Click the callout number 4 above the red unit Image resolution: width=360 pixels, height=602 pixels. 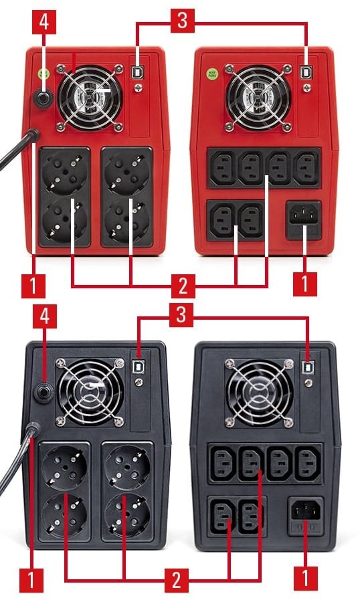tap(44, 22)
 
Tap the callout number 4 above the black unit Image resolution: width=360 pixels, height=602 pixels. tap(45, 316)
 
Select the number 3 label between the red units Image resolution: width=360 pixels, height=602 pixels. tap(183, 20)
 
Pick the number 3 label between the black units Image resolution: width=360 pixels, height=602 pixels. tap(181, 315)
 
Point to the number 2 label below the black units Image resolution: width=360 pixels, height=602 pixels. tap(177, 580)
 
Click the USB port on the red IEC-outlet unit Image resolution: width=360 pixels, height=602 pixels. tap(306, 72)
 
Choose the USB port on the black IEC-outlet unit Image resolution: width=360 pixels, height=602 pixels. tap(308, 367)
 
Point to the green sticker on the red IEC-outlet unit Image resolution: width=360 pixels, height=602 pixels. tap(211, 73)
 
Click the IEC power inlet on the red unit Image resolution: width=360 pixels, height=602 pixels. tap(304, 215)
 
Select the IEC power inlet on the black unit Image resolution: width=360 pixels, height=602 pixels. tap(306, 510)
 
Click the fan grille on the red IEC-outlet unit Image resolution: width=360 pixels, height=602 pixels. tap(258, 98)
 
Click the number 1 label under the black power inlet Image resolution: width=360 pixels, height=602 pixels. tap(305, 578)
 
